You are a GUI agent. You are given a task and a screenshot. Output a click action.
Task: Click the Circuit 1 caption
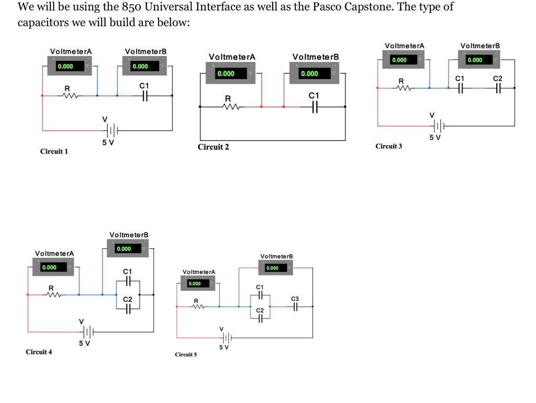click(x=54, y=151)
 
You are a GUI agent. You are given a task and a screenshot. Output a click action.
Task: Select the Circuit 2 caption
click(x=213, y=147)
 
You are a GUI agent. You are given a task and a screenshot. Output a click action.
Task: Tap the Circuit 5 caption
click(x=186, y=355)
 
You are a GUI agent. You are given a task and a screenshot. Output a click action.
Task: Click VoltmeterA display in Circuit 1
click(x=71, y=67)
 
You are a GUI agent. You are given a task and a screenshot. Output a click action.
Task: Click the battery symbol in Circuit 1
click(x=113, y=130)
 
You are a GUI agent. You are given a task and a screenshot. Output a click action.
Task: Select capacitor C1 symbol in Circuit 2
click(x=313, y=107)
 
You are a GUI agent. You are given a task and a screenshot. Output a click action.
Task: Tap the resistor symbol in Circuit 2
click(x=228, y=107)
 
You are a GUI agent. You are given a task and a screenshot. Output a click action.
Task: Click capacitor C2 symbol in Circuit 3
click(x=497, y=88)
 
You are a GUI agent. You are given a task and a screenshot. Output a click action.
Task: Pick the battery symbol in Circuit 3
click(x=439, y=126)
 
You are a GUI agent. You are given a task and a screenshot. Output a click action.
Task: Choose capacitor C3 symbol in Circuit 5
click(x=295, y=307)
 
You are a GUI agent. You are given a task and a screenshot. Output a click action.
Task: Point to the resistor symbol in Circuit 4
click(x=51, y=295)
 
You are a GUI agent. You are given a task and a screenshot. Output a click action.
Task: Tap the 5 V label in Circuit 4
click(x=85, y=343)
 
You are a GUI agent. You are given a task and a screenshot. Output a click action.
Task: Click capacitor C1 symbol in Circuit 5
click(x=260, y=296)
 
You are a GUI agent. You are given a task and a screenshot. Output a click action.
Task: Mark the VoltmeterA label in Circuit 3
click(x=404, y=46)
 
